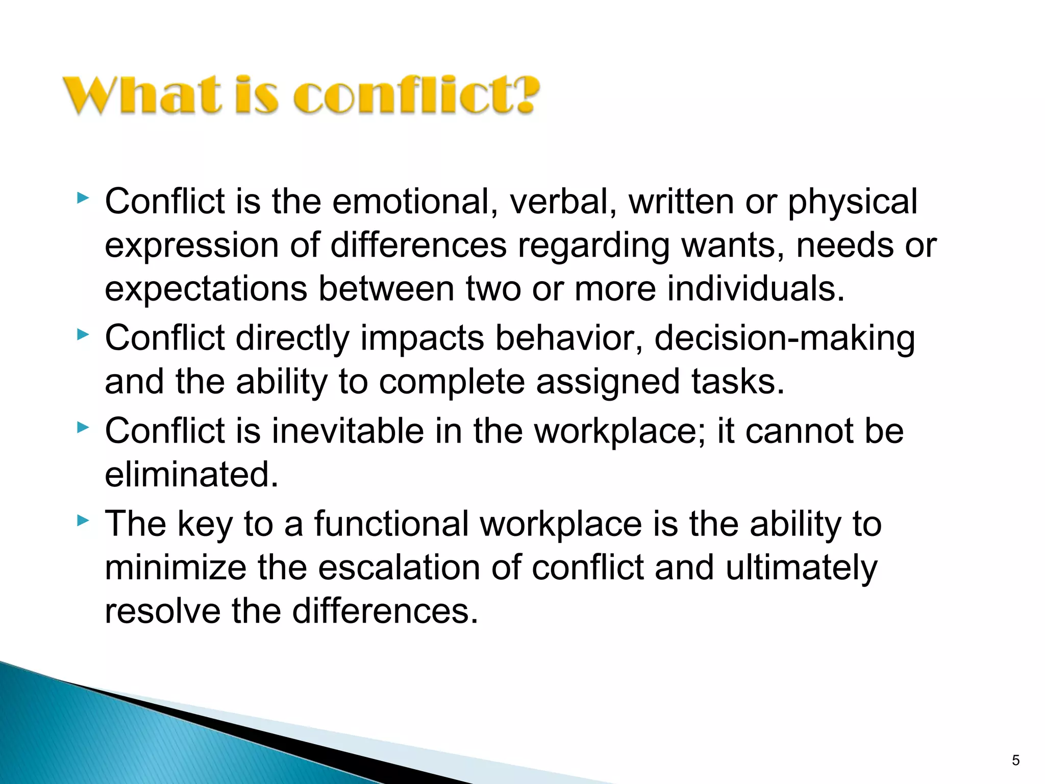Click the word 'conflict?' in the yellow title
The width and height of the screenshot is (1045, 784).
416,95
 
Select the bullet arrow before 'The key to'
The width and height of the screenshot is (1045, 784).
82,521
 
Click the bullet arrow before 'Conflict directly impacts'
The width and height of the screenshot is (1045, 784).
82,335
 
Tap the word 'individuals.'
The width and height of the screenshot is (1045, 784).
756,288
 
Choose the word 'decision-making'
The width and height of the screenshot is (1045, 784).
784,339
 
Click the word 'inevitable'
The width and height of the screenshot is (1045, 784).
347,431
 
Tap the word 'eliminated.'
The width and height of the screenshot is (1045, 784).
192,475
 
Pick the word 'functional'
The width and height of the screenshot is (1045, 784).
391,524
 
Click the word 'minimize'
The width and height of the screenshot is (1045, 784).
175,568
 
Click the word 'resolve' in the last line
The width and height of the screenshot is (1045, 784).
162,611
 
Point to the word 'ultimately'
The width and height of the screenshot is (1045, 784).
801,569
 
